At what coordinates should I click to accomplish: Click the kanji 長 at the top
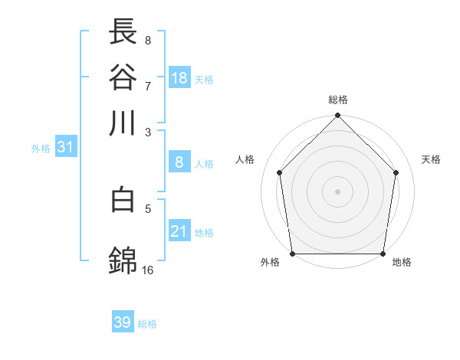click(123, 31)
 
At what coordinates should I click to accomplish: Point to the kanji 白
click(123, 200)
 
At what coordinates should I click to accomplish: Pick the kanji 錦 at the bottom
click(123, 261)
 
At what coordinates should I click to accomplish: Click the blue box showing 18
click(179, 77)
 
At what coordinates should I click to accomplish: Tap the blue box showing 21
click(179, 231)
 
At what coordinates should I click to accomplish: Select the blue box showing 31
click(65, 147)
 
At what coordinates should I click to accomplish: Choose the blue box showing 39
click(123, 322)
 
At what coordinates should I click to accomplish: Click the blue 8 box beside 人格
click(179, 162)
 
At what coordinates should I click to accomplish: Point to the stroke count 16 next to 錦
click(148, 270)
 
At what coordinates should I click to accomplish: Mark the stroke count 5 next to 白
click(148, 208)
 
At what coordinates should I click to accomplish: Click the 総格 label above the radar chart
click(338, 100)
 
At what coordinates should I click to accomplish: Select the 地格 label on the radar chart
click(402, 263)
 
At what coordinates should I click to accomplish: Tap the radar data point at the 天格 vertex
click(396, 172)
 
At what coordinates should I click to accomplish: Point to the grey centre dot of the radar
click(338, 191)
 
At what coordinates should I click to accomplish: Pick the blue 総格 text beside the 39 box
click(147, 324)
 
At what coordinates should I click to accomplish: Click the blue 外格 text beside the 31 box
click(41, 149)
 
